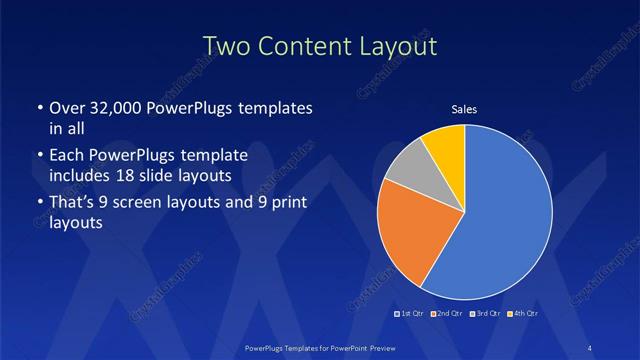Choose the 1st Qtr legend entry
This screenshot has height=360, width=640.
410,313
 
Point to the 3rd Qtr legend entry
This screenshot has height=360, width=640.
485,313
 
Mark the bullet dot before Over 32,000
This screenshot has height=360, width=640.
39,109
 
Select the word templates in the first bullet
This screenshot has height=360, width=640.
280,108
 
